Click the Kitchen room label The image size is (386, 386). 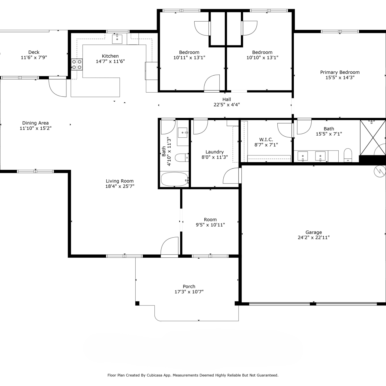pos(110,56)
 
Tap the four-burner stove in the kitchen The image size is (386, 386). pos(77,64)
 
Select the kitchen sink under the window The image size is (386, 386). pos(117,39)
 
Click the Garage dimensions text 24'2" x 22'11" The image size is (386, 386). pos(314,238)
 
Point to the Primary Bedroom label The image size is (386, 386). pos(340,72)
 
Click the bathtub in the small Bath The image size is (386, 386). pos(175,179)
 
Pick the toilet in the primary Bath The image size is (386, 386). pos(348,155)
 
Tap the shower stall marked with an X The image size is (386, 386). pos(373,138)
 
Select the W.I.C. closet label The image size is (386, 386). pos(266,139)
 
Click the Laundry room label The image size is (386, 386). pos(215,152)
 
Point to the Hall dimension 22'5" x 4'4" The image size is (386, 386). pos(227,105)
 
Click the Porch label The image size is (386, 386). pos(189,286)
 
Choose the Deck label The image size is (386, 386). pos(34,52)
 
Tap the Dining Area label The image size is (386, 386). pos(36,123)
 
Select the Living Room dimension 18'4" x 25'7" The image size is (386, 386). pos(120,186)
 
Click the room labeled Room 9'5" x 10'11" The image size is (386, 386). pos(210,222)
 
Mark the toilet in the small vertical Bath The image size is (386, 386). pos(182,157)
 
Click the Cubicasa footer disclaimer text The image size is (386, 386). pos(193,375)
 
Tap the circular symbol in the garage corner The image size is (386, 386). pos(380,171)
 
